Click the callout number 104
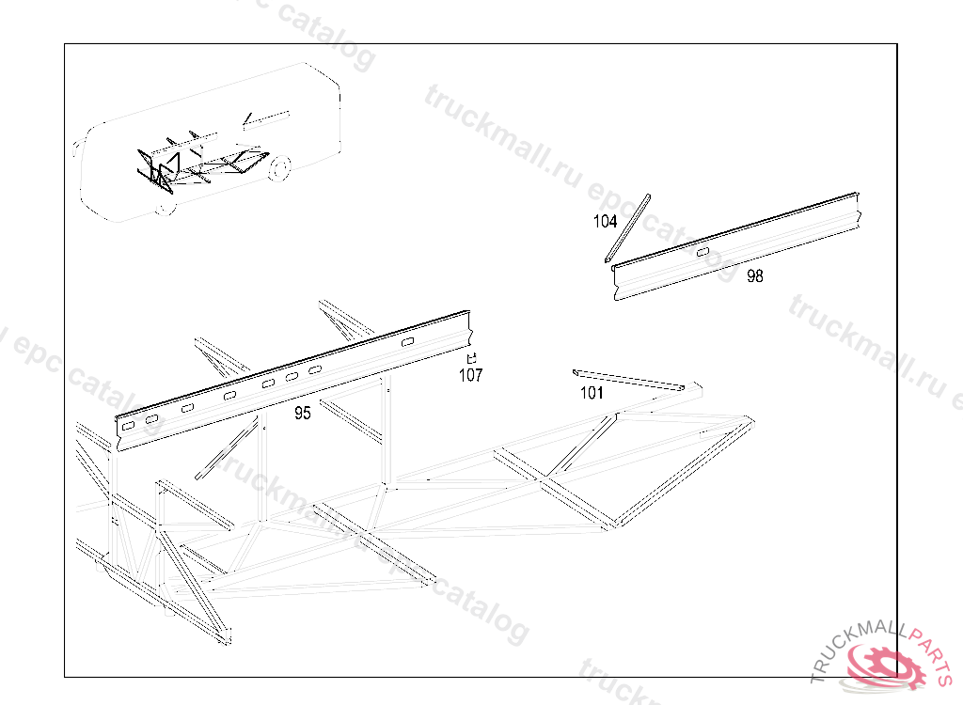605,222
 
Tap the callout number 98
755,275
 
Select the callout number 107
470,375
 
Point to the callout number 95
302,413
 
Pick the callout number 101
592,393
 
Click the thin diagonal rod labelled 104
627,227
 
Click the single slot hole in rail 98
703,251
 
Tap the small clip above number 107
472,357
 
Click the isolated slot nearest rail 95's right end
407,342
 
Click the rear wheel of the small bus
278,169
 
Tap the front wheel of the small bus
166,206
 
